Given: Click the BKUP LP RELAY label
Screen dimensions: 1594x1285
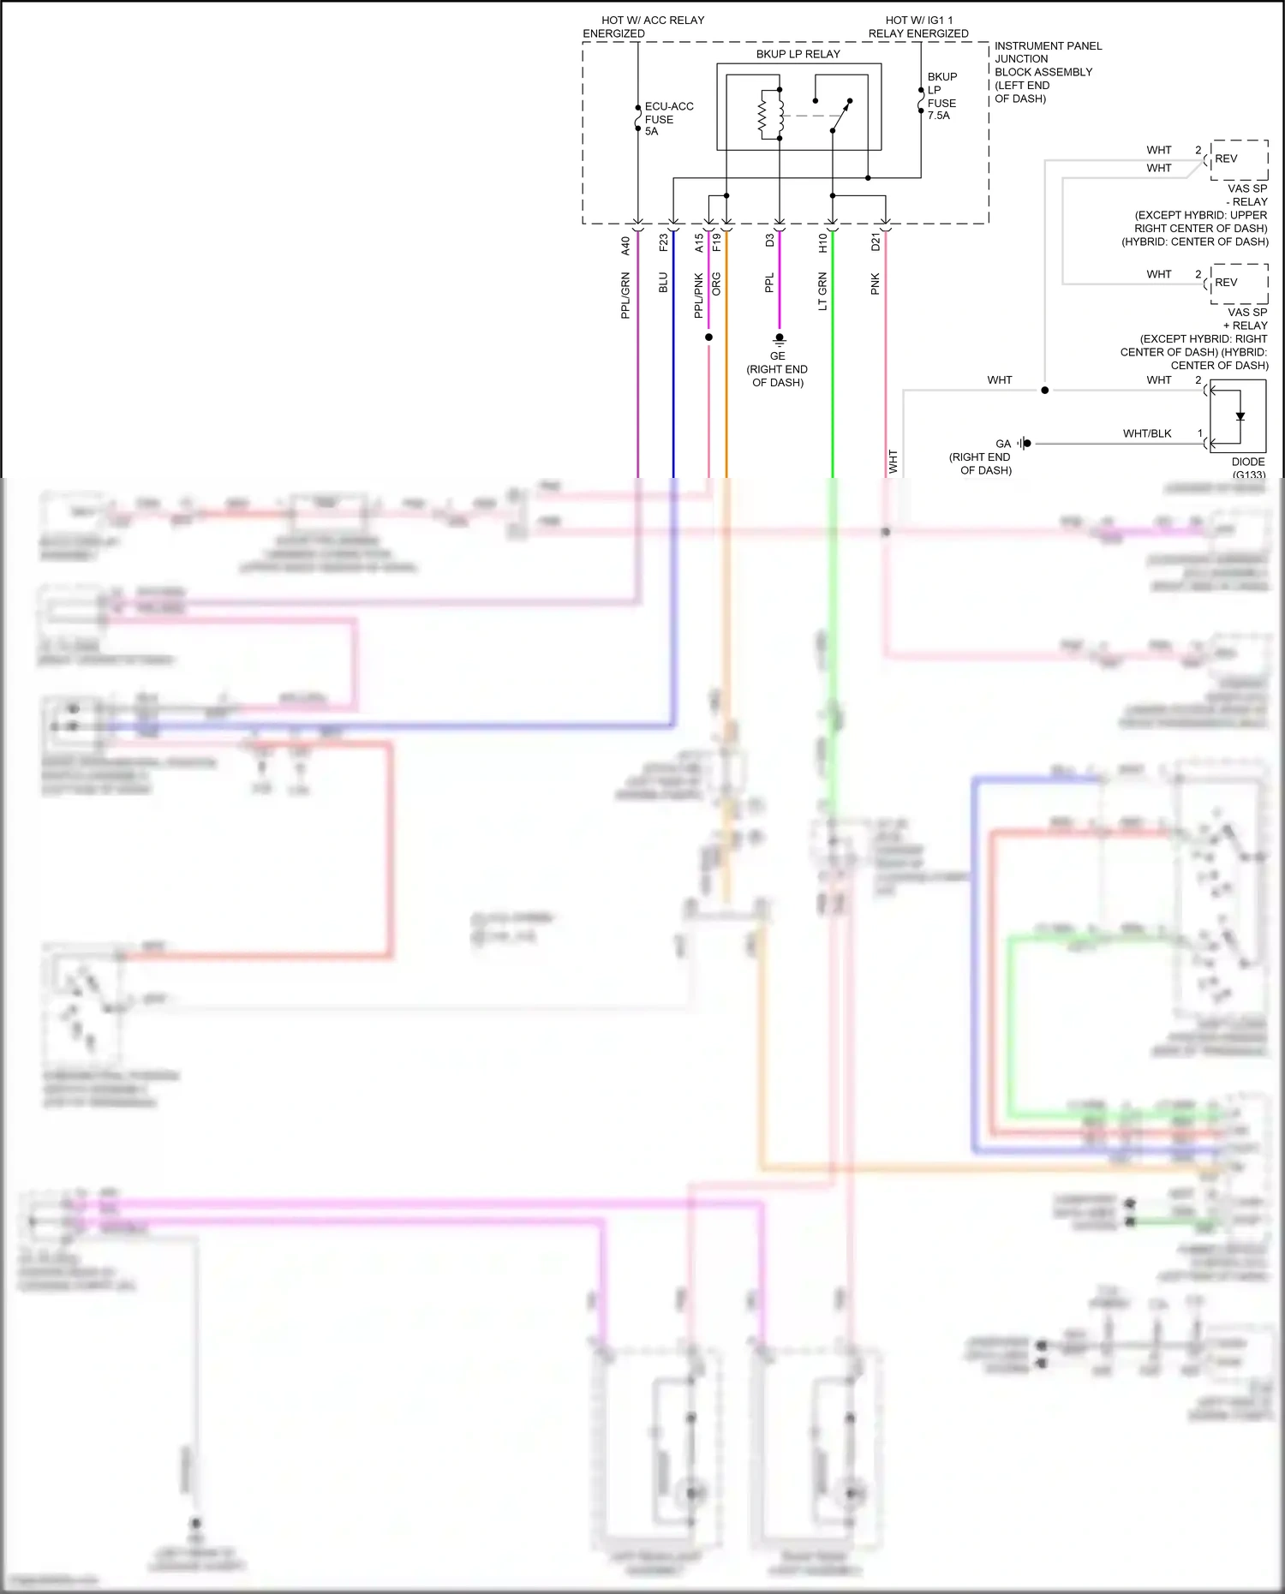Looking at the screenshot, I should tap(798, 54).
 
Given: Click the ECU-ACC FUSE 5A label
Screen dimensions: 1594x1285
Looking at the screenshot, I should tap(667, 119).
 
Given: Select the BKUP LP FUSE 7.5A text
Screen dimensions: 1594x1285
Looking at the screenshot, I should tap(941, 96).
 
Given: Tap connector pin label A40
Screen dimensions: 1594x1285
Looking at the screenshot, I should tap(625, 246).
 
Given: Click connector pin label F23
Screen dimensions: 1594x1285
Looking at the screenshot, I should tap(663, 243).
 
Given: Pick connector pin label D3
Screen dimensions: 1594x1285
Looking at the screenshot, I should tap(769, 241).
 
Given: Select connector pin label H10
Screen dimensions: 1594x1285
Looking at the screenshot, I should tap(822, 243).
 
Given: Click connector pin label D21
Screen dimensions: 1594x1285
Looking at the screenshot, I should tap(875, 242).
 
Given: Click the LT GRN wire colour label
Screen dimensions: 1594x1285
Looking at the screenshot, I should tap(822, 291).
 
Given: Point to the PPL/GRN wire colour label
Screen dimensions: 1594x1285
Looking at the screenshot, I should tap(625, 296).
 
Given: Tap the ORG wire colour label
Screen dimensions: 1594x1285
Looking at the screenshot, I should tap(716, 284).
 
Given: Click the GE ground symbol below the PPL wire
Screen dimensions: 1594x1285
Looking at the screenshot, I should tap(779, 339).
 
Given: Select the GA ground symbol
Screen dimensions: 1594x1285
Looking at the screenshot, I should tap(1025, 444).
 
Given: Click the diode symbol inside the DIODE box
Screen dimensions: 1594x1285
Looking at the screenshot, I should tap(1240, 417).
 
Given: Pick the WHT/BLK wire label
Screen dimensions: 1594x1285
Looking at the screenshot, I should tap(1146, 433).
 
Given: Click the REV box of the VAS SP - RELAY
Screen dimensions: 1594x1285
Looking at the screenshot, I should tap(1238, 159).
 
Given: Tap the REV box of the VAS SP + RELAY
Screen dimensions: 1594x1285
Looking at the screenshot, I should tap(1238, 284).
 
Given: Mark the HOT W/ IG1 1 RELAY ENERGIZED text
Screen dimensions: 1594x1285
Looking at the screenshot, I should tap(918, 27).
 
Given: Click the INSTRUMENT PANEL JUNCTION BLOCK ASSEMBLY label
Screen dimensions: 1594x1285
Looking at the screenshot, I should tap(1047, 72).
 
